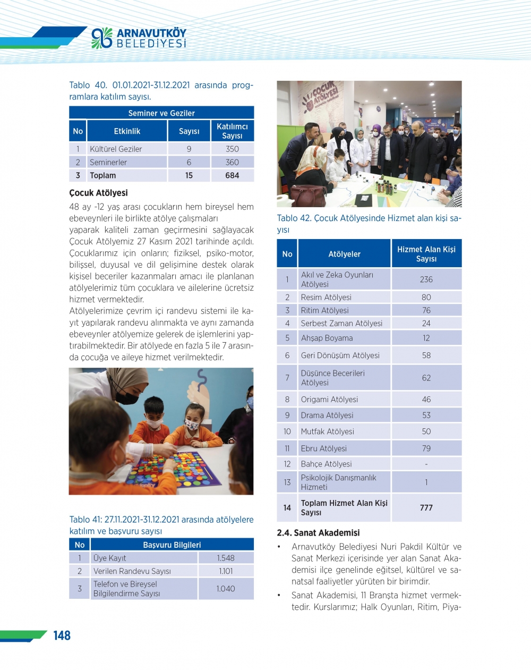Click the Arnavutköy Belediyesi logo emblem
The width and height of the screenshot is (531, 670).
pos(101,38)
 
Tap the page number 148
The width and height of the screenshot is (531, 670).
pos(62,635)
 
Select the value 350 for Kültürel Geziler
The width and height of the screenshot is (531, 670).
pos(232,149)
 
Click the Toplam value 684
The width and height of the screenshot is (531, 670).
pos(232,175)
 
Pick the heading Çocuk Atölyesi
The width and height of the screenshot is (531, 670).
pos(98,193)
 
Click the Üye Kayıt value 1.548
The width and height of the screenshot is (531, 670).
pos(226,558)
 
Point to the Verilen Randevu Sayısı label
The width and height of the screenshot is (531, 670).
pos(132,571)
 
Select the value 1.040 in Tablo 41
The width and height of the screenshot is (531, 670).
pos(226,589)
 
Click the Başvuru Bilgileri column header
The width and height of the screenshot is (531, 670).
pos(172,545)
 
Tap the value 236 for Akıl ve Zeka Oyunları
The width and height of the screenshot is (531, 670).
pos(426,279)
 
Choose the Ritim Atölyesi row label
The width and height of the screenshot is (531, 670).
pos(324,310)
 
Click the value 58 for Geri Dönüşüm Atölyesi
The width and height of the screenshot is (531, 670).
pos(426,355)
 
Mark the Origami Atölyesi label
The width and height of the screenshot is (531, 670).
pos(329,400)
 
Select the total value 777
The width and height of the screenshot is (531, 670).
pos(426,508)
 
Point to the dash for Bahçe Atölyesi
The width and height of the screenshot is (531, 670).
pos(426,464)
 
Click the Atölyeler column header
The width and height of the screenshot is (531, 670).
pos(344,254)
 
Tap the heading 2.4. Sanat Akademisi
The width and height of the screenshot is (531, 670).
pos(318,533)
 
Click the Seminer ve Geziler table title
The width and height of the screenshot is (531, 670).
pos(161,113)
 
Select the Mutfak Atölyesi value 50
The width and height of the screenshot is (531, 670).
pos(426,431)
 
